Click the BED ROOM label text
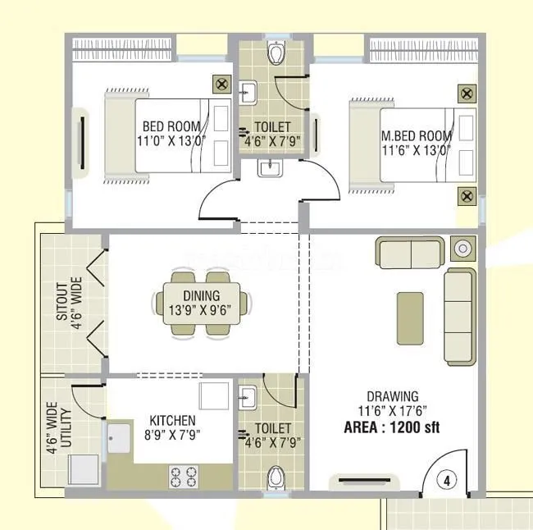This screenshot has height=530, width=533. point(171,126)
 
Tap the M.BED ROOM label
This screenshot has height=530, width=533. point(416,135)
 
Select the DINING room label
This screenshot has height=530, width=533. point(201,296)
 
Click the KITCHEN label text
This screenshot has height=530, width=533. point(172,419)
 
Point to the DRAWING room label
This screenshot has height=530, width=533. point(393,396)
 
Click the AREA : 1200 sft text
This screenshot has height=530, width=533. point(393,427)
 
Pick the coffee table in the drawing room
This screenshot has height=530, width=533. point(410,318)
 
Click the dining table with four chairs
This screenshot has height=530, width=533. point(201,304)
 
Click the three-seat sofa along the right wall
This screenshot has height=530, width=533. point(459,316)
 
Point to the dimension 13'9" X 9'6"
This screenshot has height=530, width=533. point(201,311)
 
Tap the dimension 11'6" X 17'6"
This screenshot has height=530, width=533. point(393,411)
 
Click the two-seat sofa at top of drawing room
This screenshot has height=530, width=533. point(408,249)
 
